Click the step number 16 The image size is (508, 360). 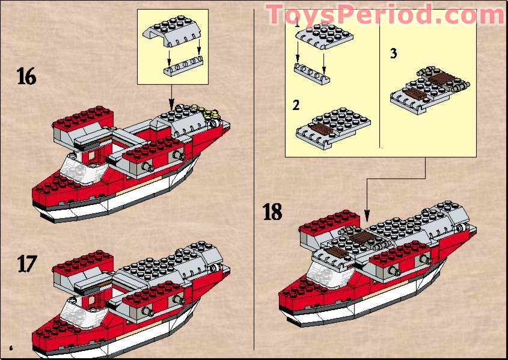tap(26, 78)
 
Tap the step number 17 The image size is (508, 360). tap(26, 264)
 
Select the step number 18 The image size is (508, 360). tap(272, 212)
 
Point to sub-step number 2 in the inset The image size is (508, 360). tap(296, 106)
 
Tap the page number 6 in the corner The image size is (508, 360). tap(11, 347)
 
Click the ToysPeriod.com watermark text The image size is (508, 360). tap(385, 14)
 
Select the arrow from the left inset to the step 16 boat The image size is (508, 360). tap(172, 96)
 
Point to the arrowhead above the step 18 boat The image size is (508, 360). tap(367, 215)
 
